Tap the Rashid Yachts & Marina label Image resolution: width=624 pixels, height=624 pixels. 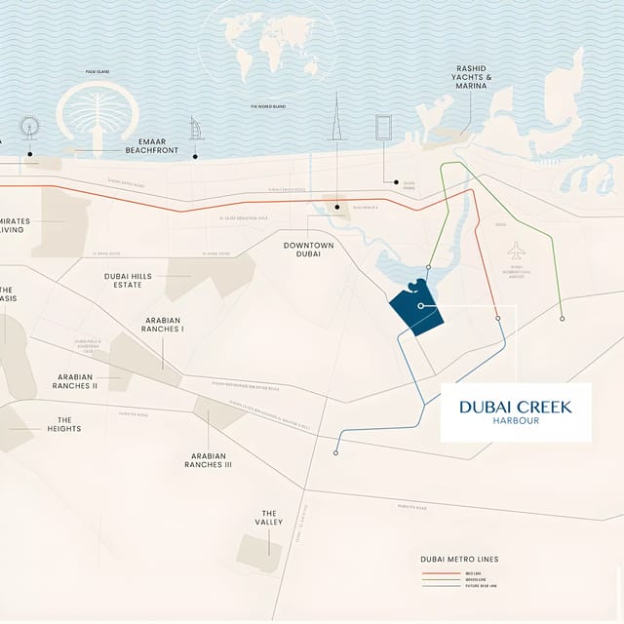(x=474, y=77)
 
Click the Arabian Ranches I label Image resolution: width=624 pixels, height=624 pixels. (x=164, y=325)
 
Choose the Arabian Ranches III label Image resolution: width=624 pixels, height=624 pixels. (x=208, y=460)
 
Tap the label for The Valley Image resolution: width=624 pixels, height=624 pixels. (x=269, y=518)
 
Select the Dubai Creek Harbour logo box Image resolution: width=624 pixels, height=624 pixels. (x=516, y=412)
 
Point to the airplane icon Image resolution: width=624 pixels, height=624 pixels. (x=517, y=251)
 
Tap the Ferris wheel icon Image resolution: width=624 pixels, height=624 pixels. (x=29, y=127)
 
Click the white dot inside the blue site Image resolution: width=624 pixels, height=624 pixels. (x=420, y=306)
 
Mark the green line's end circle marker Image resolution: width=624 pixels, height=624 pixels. (x=562, y=319)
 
